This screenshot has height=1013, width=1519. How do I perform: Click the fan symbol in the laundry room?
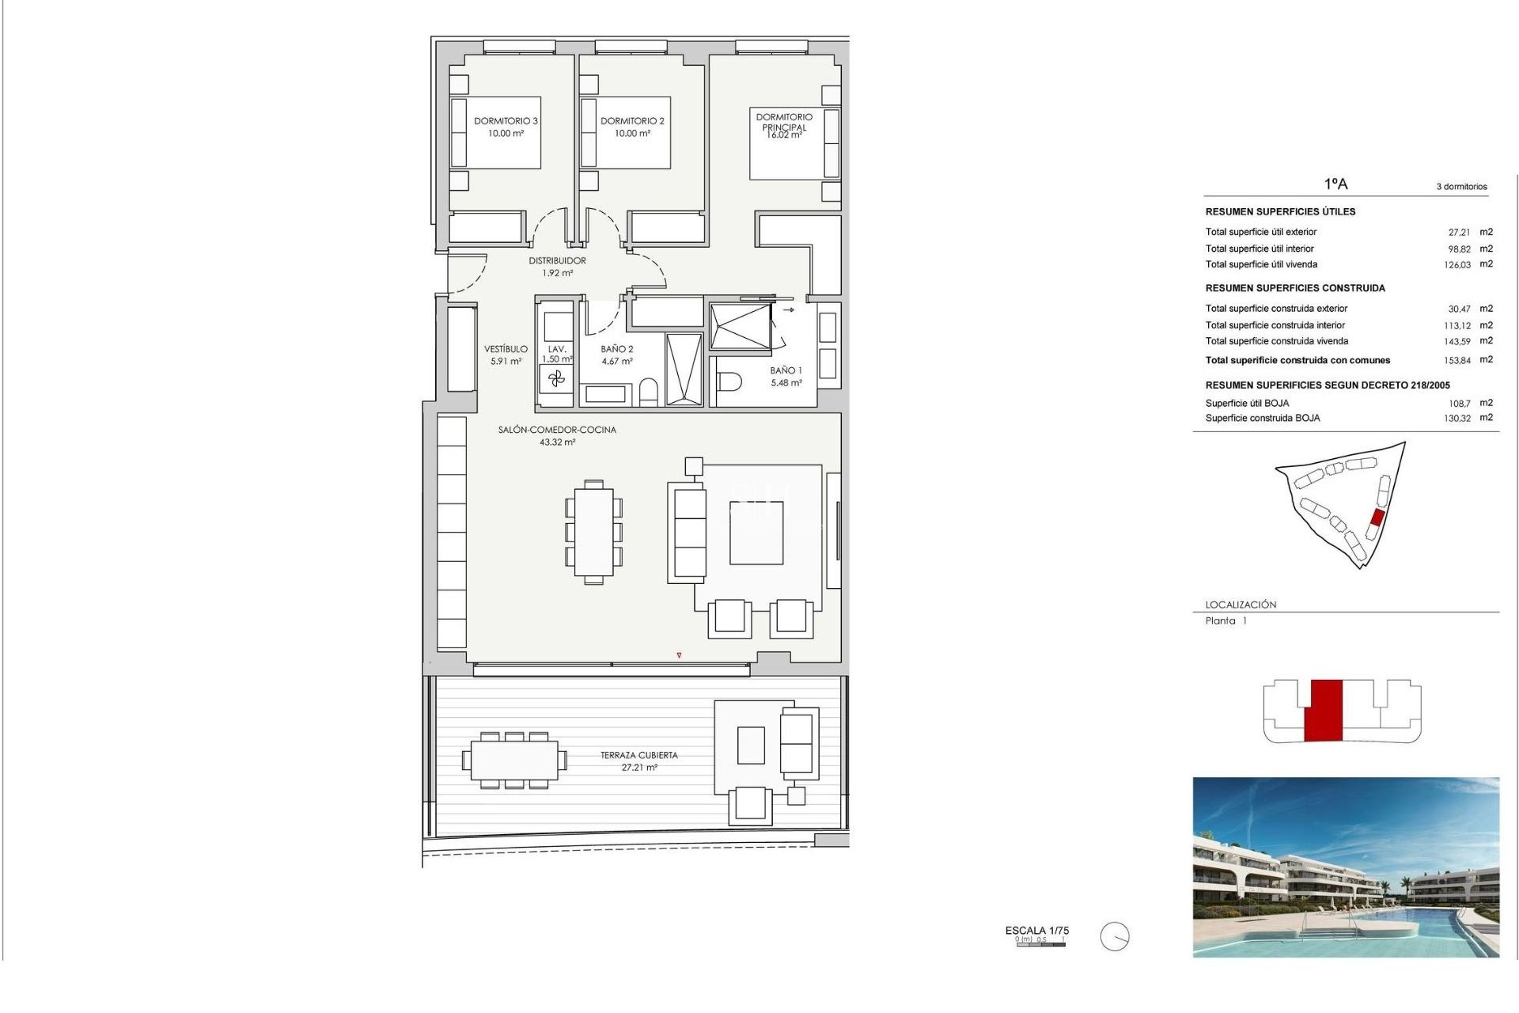pos(557,380)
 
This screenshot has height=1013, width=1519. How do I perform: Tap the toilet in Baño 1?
pos(729,383)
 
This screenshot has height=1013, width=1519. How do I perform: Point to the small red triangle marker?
pos(679,655)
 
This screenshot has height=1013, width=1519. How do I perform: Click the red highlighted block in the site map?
pos(1377,518)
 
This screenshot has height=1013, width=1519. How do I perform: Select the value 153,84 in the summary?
pos(1457,361)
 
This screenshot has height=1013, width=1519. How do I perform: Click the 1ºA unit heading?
pos(1335,184)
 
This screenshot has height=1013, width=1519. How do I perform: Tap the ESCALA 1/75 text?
pos(1036,931)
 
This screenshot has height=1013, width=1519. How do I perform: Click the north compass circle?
pos(1115,937)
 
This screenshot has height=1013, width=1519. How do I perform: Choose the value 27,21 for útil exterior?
pos(1459,233)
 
